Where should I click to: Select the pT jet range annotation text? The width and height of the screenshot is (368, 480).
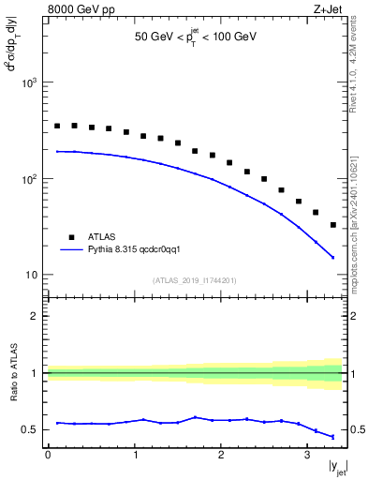tap(195, 38)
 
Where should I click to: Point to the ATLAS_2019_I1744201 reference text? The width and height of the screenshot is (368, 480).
tap(195, 280)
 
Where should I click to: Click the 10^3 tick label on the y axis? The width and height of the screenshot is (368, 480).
tap(28, 83)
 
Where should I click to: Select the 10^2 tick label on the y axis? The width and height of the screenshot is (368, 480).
tap(28, 179)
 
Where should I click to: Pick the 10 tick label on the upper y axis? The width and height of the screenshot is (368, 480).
tap(31, 275)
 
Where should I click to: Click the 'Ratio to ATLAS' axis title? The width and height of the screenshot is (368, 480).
tap(13, 371)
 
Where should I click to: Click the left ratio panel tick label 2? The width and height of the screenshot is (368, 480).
tap(36, 316)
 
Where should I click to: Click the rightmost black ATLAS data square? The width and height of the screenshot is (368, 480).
tap(333, 225)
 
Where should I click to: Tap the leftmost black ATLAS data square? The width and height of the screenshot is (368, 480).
tap(57, 126)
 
